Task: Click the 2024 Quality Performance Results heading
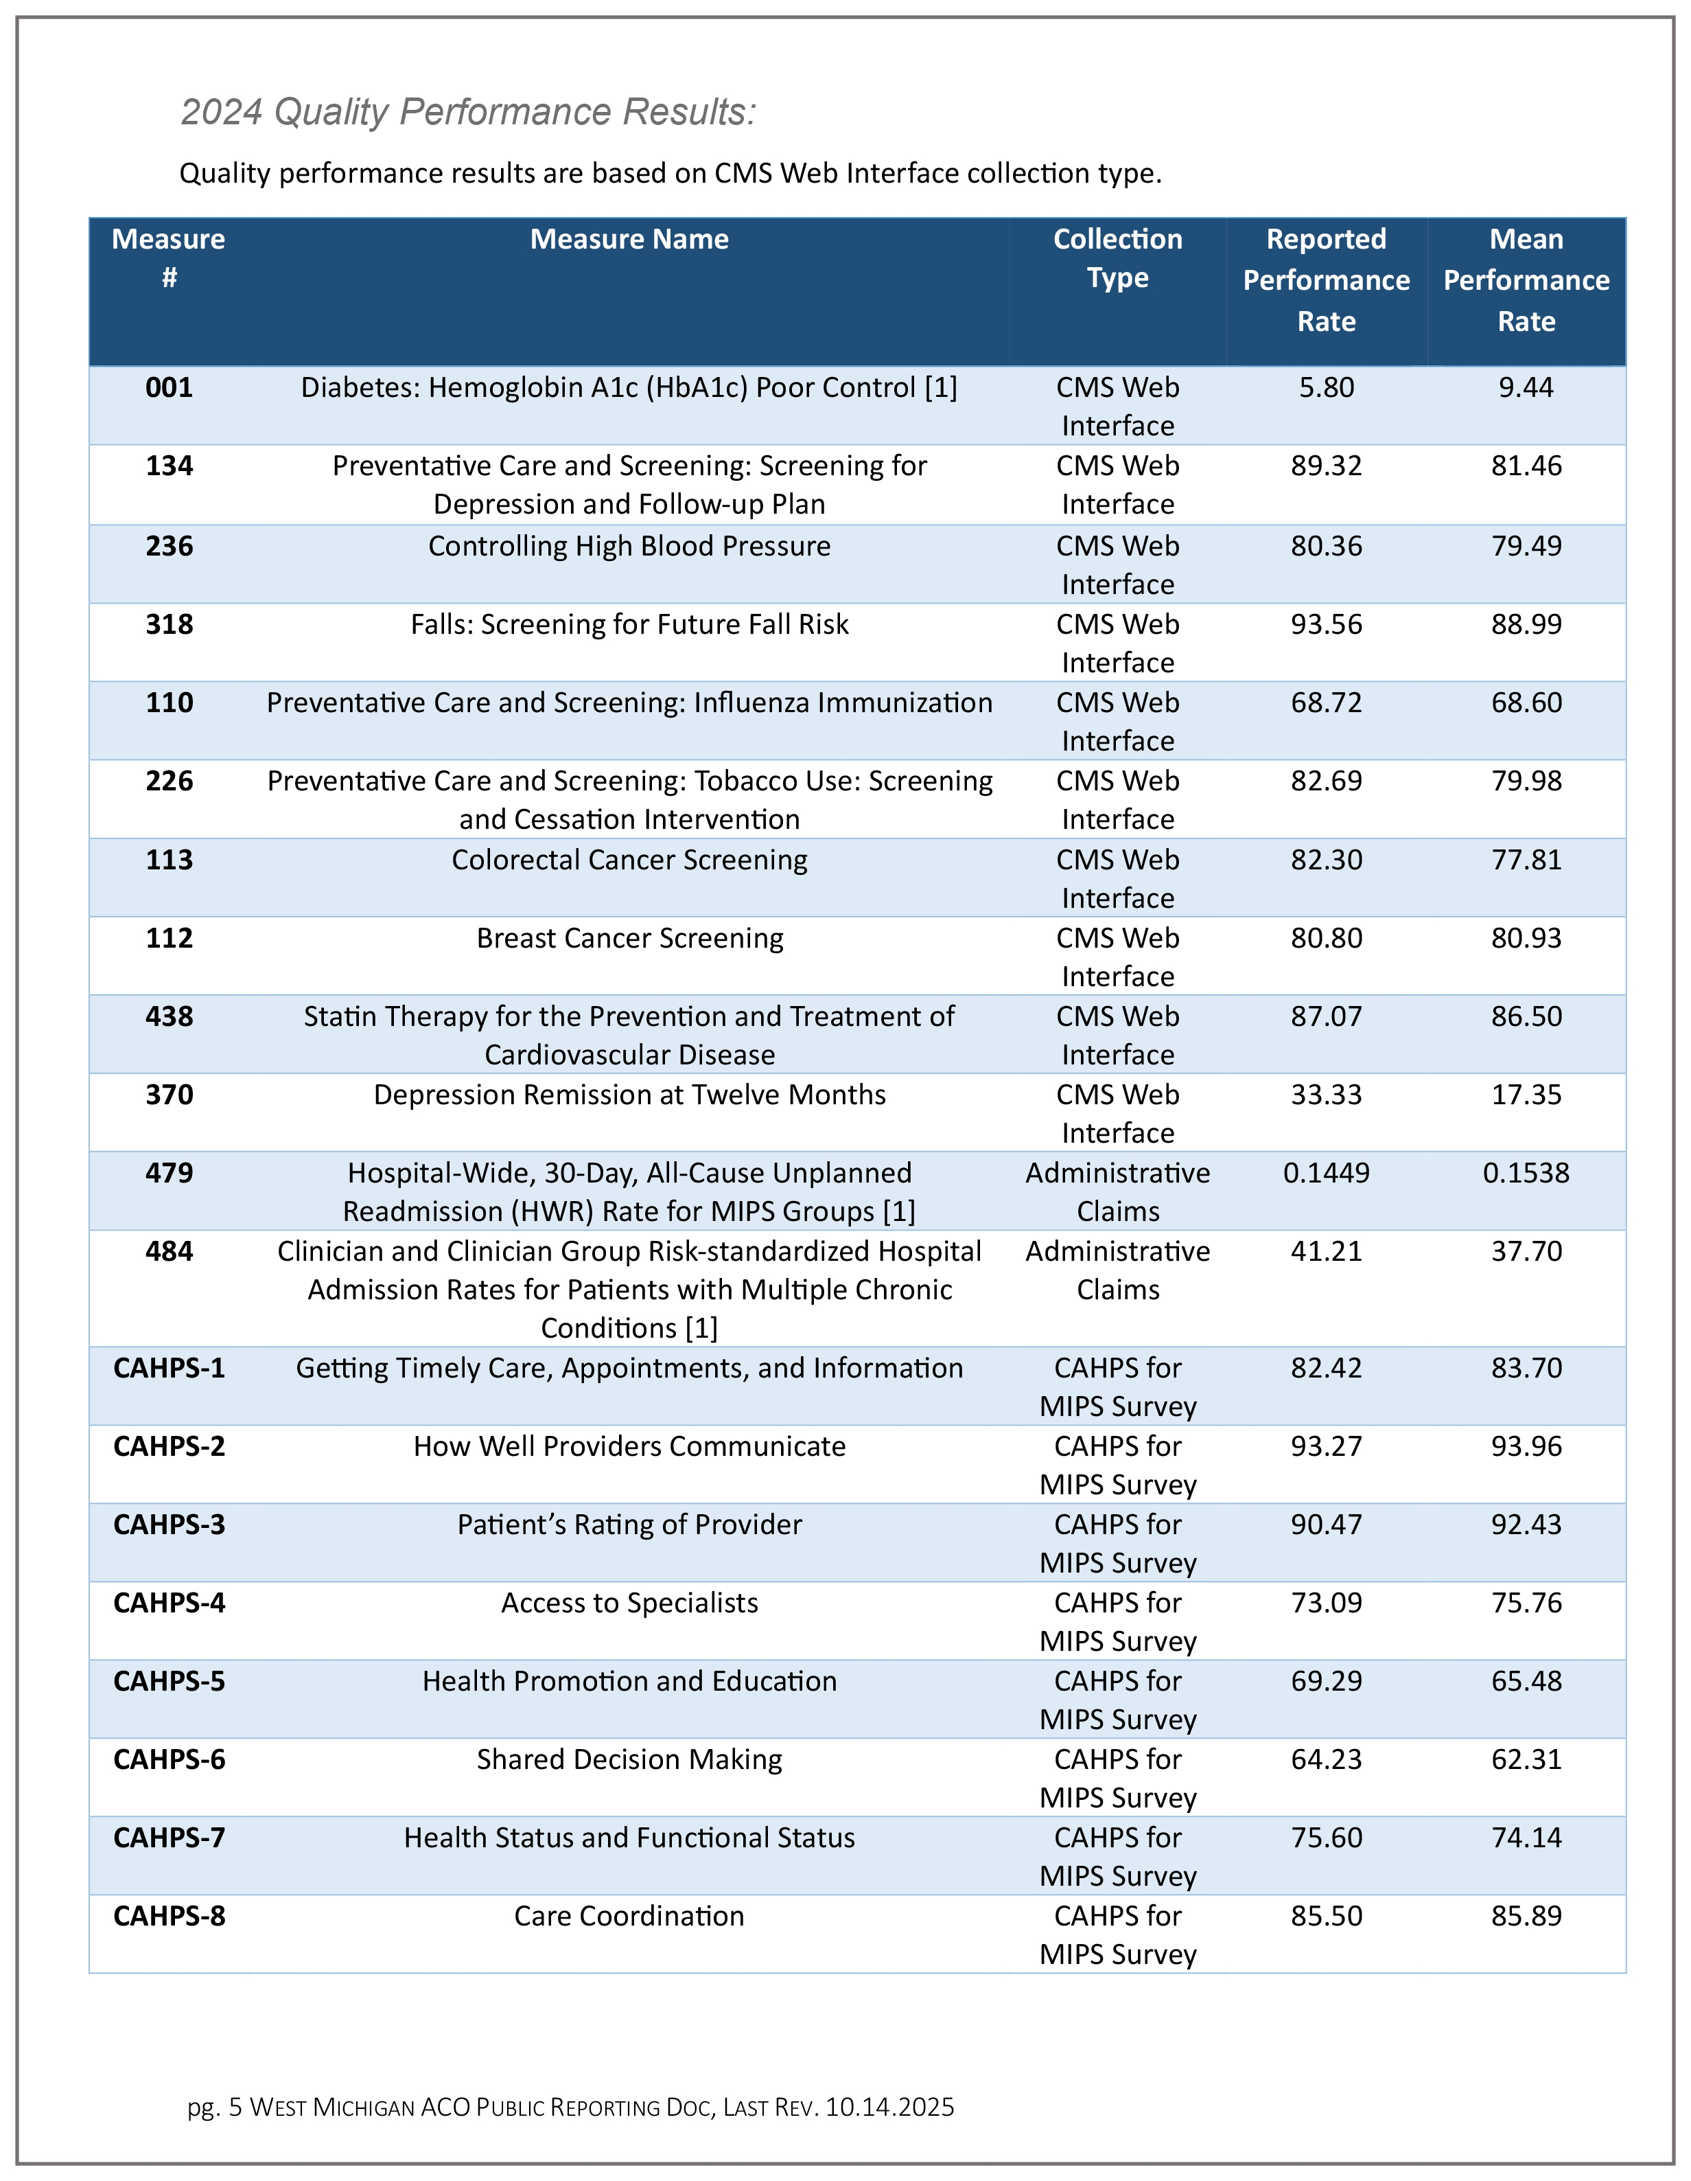pyautogui.click(x=468, y=112)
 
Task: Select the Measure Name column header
pyautogui.click(x=629, y=240)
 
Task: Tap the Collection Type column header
pyautogui.click(x=1117, y=259)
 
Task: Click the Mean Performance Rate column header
pyautogui.click(x=1526, y=281)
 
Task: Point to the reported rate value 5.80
pyautogui.click(x=1326, y=387)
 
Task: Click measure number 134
pyautogui.click(x=169, y=466)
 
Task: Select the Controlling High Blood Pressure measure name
pyautogui.click(x=629, y=546)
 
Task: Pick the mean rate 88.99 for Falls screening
pyautogui.click(x=1526, y=624)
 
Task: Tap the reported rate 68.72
pyautogui.click(x=1326, y=703)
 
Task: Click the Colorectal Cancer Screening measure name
pyautogui.click(x=629, y=860)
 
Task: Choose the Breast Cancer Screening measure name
pyautogui.click(x=629, y=939)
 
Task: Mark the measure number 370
pyautogui.click(x=169, y=1095)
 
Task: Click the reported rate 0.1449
pyautogui.click(x=1326, y=1174)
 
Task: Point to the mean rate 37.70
pyautogui.click(x=1526, y=1251)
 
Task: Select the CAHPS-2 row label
pyautogui.click(x=169, y=1447)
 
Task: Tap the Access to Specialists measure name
pyautogui.click(x=629, y=1603)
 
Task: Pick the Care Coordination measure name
pyautogui.click(x=629, y=1917)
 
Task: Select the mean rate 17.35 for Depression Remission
pyautogui.click(x=1526, y=1095)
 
